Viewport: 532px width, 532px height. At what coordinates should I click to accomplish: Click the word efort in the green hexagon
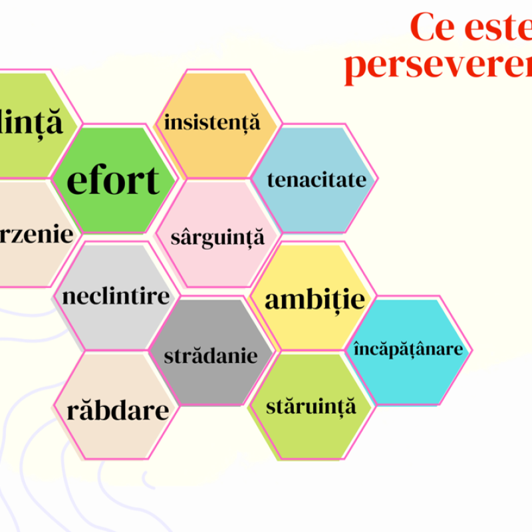tap(113, 180)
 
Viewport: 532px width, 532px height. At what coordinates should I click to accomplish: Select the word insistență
tap(212, 123)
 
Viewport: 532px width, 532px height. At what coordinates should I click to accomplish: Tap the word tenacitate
tap(317, 180)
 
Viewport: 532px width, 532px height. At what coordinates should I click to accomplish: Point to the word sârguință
tap(217, 237)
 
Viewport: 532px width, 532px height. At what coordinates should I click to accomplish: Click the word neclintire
tap(116, 296)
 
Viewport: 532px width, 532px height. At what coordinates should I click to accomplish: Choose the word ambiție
tap(315, 299)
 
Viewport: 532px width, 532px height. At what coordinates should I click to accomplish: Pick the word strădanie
tap(211, 355)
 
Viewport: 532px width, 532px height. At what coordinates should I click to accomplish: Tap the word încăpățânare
tap(408, 348)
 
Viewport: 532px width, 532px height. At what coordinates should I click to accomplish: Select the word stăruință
tap(311, 406)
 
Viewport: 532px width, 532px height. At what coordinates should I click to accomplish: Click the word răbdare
tap(118, 410)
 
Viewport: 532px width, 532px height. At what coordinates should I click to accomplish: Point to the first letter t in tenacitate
tap(271, 180)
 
